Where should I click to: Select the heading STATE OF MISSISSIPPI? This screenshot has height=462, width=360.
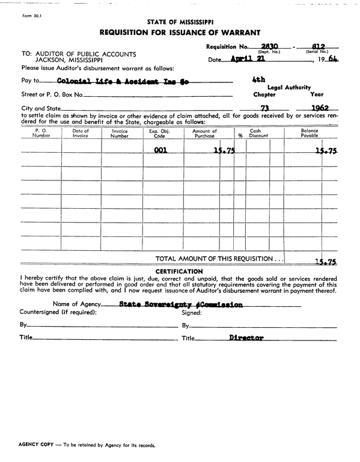point(180,21)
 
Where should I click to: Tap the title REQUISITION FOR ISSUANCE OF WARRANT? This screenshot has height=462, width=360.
point(180,32)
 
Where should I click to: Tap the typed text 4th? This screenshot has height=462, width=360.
point(259,79)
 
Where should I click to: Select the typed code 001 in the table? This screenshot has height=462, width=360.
point(160,151)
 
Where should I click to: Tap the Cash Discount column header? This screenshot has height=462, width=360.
point(255,134)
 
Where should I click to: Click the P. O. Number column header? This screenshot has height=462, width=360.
point(41,134)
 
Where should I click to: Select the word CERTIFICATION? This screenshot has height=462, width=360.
point(180,271)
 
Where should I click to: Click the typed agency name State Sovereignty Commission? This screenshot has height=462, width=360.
point(181,304)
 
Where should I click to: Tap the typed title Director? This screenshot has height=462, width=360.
point(246,338)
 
